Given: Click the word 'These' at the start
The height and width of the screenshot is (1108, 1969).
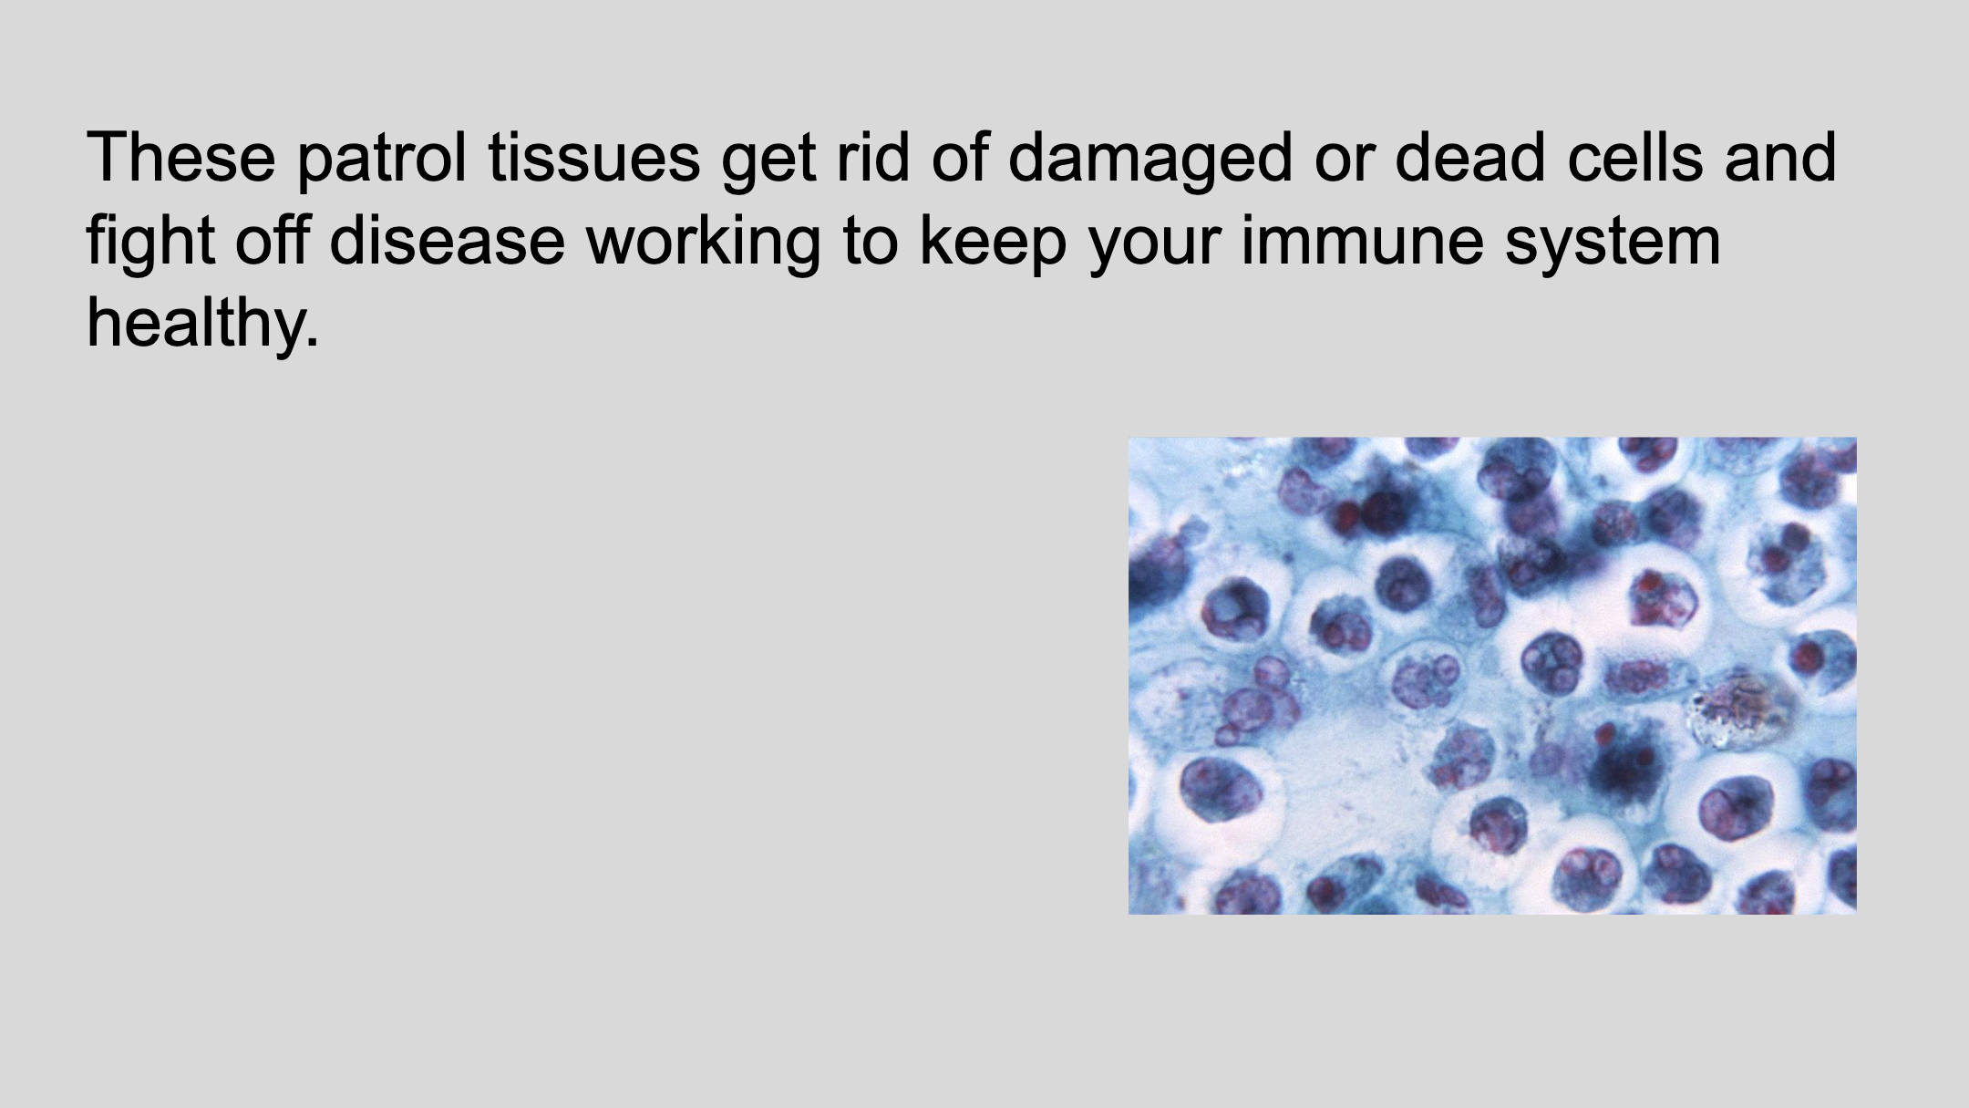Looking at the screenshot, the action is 180,157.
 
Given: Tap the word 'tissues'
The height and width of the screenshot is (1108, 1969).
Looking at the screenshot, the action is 594,157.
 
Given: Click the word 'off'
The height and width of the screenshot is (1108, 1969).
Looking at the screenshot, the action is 272,239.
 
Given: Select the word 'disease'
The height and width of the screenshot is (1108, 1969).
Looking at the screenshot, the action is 447,239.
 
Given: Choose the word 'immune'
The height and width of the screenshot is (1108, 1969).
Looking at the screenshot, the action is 1363,239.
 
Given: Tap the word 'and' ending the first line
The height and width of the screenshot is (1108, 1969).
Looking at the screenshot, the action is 1779,157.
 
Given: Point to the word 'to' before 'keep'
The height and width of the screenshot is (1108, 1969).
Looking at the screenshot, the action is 871,243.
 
